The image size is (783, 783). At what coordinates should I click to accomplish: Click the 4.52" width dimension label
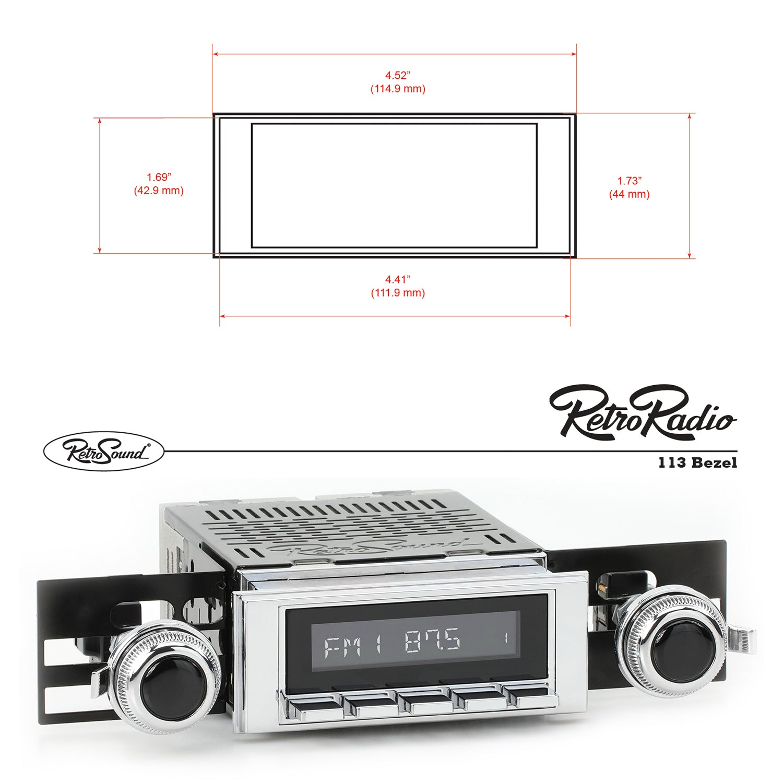[x=398, y=76]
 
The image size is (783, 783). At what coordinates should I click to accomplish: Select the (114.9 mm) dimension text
[x=398, y=89]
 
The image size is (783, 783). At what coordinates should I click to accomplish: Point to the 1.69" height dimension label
[x=159, y=177]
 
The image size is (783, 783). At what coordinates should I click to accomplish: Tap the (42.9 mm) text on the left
[x=159, y=191]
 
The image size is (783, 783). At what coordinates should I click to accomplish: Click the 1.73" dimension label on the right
[x=629, y=181]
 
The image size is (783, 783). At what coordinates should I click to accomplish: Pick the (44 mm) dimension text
[x=629, y=195]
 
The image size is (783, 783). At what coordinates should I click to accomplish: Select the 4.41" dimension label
[x=398, y=280]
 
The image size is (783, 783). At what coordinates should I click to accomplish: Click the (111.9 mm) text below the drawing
[x=398, y=293]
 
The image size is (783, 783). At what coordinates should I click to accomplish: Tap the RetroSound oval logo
[x=103, y=451]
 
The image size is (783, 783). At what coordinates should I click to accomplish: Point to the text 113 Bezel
[x=697, y=462]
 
